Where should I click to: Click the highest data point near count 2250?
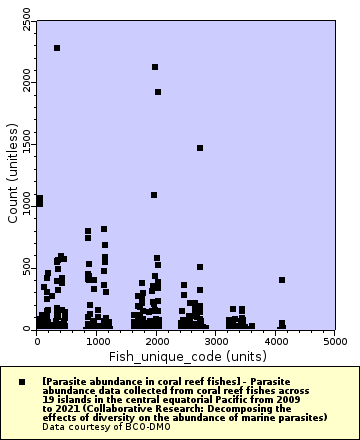[x=57, y=48]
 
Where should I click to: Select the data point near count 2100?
[x=155, y=67]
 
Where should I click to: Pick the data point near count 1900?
[x=158, y=92]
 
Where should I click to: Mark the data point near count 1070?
[x=154, y=195]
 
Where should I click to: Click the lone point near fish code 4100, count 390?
[x=282, y=280]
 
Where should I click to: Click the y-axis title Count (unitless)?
[x=12, y=172]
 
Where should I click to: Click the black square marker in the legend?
[x=22, y=382]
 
